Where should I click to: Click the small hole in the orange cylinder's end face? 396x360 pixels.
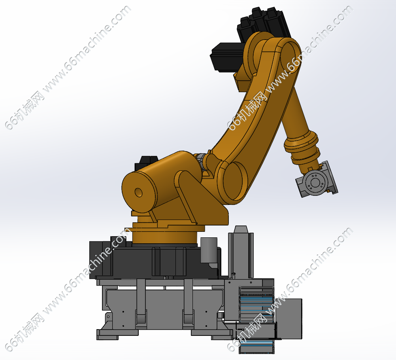coord(138,193)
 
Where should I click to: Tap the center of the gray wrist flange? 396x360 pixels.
coord(315,182)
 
